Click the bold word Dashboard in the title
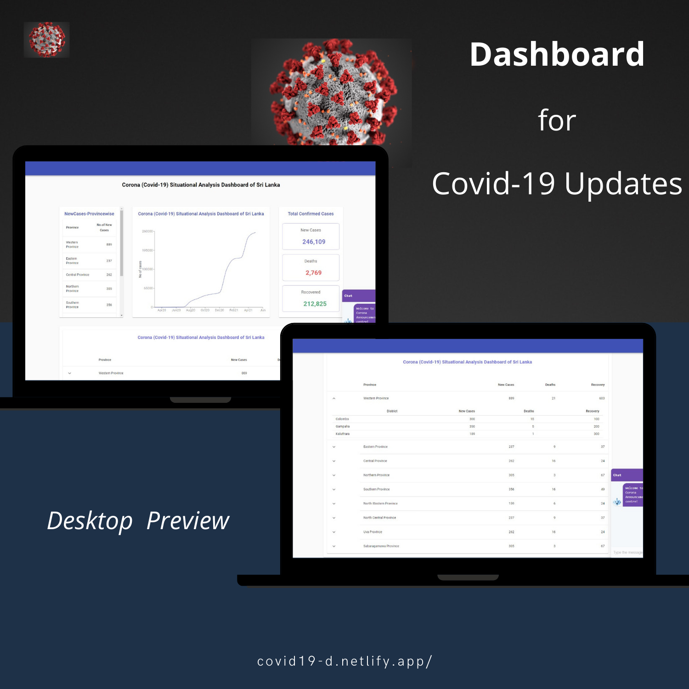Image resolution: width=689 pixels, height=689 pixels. click(557, 55)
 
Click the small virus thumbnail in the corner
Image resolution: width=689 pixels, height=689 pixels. click(46, 40)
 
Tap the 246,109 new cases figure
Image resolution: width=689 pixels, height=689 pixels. click(314, 242)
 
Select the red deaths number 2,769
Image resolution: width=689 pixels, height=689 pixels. click(314, 273)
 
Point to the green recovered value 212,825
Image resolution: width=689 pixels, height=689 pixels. click(315, 304)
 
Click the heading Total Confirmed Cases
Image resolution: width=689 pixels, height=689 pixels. click(311, 214)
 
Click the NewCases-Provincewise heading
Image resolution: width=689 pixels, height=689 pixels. click(89, 214)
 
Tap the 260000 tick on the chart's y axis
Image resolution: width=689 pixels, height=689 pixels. click(147, 232)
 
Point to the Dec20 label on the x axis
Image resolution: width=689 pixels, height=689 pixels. click(220, 311)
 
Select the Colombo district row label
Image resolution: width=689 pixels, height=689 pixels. click(342, 419)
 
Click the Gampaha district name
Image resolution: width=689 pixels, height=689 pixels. click(343, 426)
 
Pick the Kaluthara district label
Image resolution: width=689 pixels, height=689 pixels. click(343, 434)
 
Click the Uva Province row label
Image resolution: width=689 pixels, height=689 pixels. click(373, 532)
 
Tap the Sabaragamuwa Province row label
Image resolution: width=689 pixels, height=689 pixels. click(381, 546)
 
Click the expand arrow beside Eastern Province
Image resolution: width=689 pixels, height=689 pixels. click(334, 447)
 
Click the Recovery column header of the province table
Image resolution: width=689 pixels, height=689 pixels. click(598, 385)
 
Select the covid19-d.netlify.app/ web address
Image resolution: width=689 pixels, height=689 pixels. click(344, 661)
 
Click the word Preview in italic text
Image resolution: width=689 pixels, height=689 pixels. click(188, 521)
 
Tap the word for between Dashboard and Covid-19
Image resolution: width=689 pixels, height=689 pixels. click(557, 120)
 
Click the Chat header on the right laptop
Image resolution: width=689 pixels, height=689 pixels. click(617, 475)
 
